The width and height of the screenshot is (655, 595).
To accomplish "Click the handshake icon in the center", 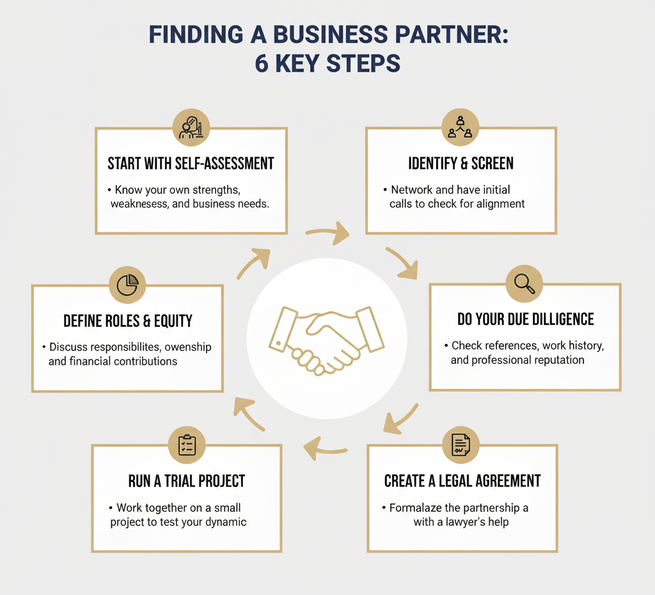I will coord(327,338).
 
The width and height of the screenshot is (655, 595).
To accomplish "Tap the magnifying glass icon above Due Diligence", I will coord(524,283).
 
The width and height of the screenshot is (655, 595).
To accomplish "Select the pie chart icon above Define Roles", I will coord(128,284).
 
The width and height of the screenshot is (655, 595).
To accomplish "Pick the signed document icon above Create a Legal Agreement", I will coord(461,445).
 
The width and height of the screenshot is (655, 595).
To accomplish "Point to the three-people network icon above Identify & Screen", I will coord(461,126).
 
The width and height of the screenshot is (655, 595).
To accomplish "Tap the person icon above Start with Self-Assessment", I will coord(191,127).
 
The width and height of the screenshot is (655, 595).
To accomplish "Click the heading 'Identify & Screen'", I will coord(461,163).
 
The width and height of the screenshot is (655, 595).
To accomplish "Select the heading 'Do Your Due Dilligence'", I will coord(525,319).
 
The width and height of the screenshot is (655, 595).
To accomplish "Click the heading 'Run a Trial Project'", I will coord(186,480).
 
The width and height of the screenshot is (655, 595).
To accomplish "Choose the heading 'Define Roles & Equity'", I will coord(128,321).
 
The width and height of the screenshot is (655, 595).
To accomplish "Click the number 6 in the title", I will coord(262,64).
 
